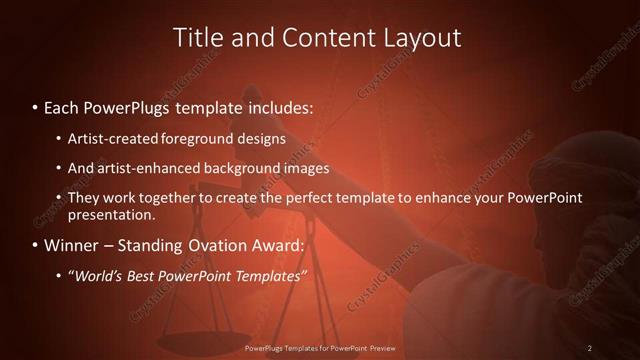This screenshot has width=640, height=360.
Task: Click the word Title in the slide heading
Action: (x=199, y=38)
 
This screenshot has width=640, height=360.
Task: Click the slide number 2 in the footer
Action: (x=590, y=348)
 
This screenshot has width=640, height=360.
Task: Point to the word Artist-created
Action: (x=108, y=138)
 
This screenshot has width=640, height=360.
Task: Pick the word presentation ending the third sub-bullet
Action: (x=110, y=214)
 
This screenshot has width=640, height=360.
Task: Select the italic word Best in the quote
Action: (x=147, y=275)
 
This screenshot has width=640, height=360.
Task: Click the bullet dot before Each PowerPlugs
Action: (x=36, y=106)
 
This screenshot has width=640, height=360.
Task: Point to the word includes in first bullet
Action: (x=279, y=106)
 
